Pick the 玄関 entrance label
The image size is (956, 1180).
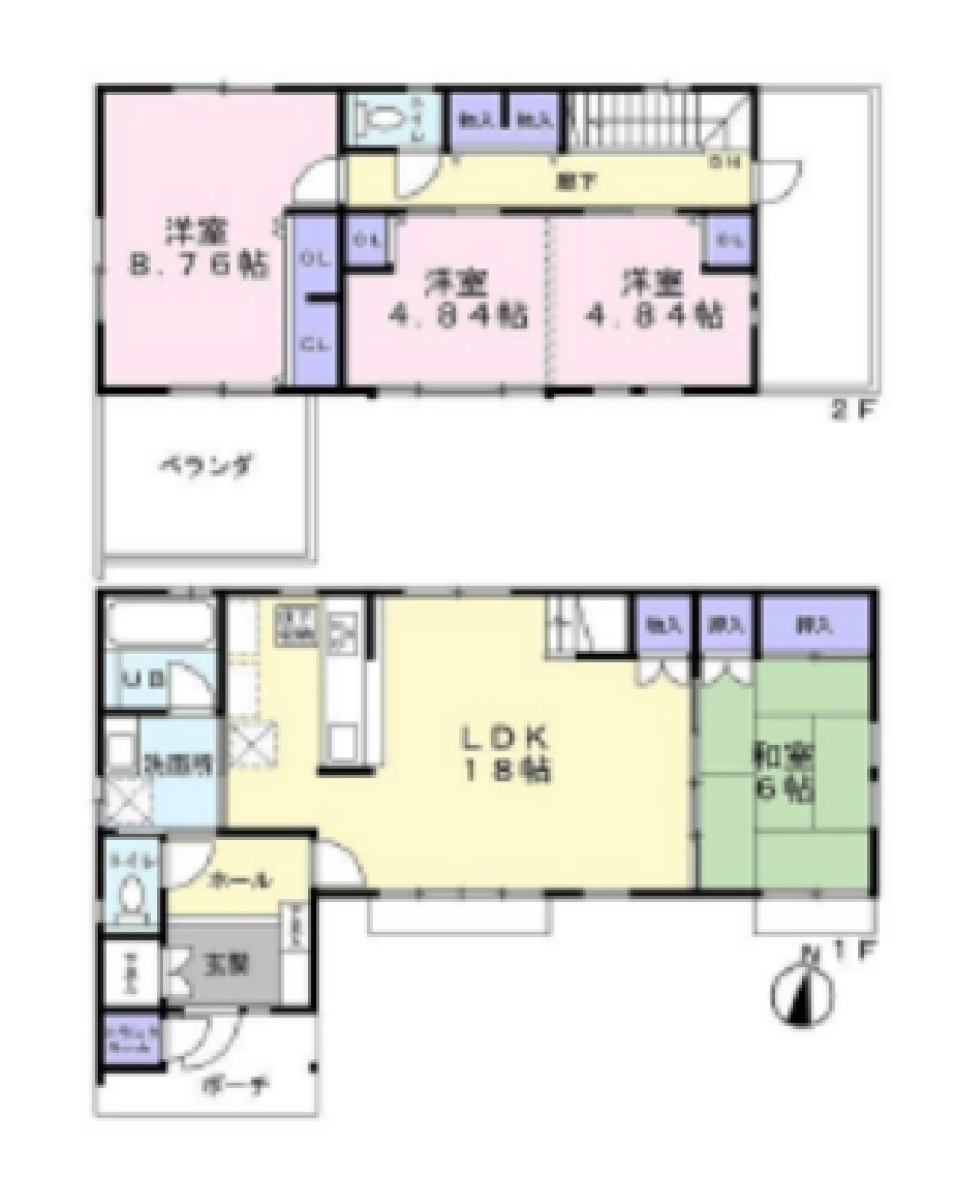point(226,964)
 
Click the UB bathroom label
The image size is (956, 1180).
point(144,679)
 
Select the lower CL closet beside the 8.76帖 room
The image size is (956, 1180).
point(312,345)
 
